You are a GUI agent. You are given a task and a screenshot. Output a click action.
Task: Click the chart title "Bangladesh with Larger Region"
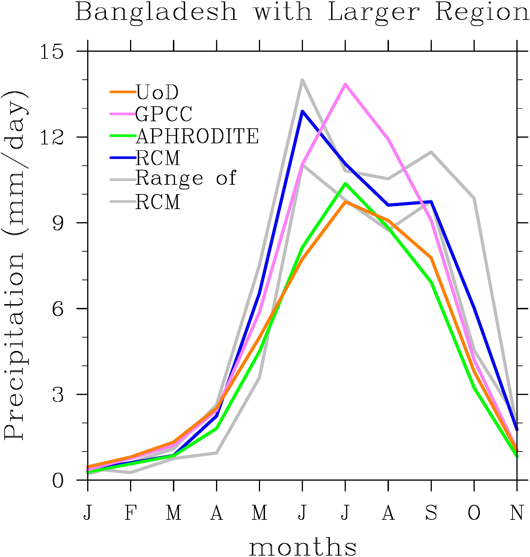coord(302,12)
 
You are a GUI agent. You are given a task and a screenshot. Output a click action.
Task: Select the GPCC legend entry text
coord(164,114)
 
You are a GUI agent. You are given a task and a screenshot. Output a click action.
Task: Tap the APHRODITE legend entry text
coord(197,136)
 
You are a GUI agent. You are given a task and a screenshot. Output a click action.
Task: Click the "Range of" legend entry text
coord(186,178)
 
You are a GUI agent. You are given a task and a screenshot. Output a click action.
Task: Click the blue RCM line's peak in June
coord(302,111)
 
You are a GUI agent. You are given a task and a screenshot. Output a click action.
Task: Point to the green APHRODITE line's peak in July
coord(345,184)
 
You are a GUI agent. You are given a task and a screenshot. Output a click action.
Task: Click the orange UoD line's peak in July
coord(345,202)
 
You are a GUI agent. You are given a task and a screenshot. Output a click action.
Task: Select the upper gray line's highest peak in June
coord(302,80)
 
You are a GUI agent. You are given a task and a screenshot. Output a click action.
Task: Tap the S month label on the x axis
coord(431,512)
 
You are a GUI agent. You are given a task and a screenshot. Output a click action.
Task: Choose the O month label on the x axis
coord(474,512)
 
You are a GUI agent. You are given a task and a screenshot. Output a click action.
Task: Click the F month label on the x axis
coord(131,512)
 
